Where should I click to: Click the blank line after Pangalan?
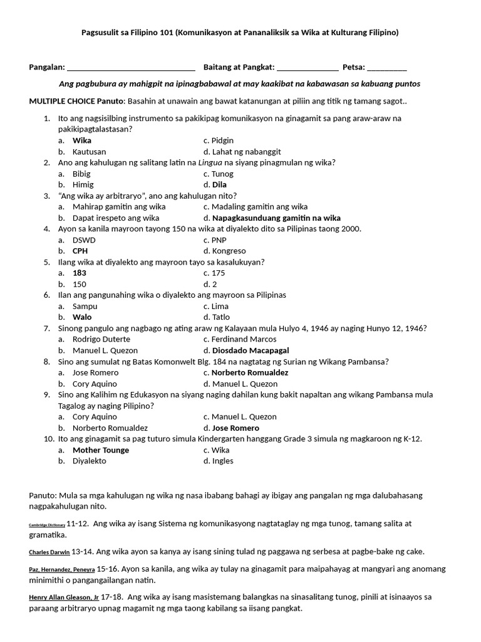tap(130, 68)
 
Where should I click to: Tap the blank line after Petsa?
tap(386, 68)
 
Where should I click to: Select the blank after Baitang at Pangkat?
tap(308, 68)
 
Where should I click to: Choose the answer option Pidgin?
tap(222, 140)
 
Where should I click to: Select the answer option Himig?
tap(83, 185)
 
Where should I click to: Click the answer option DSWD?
tap(85, 240)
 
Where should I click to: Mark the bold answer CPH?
tap(80, 251)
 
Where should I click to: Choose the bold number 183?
tap(80, 273)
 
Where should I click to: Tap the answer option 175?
tap(219, 273)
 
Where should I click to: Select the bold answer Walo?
tap(82, 317)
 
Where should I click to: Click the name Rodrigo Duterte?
tap(101, 339)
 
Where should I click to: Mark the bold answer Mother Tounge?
tap(101, 450)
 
